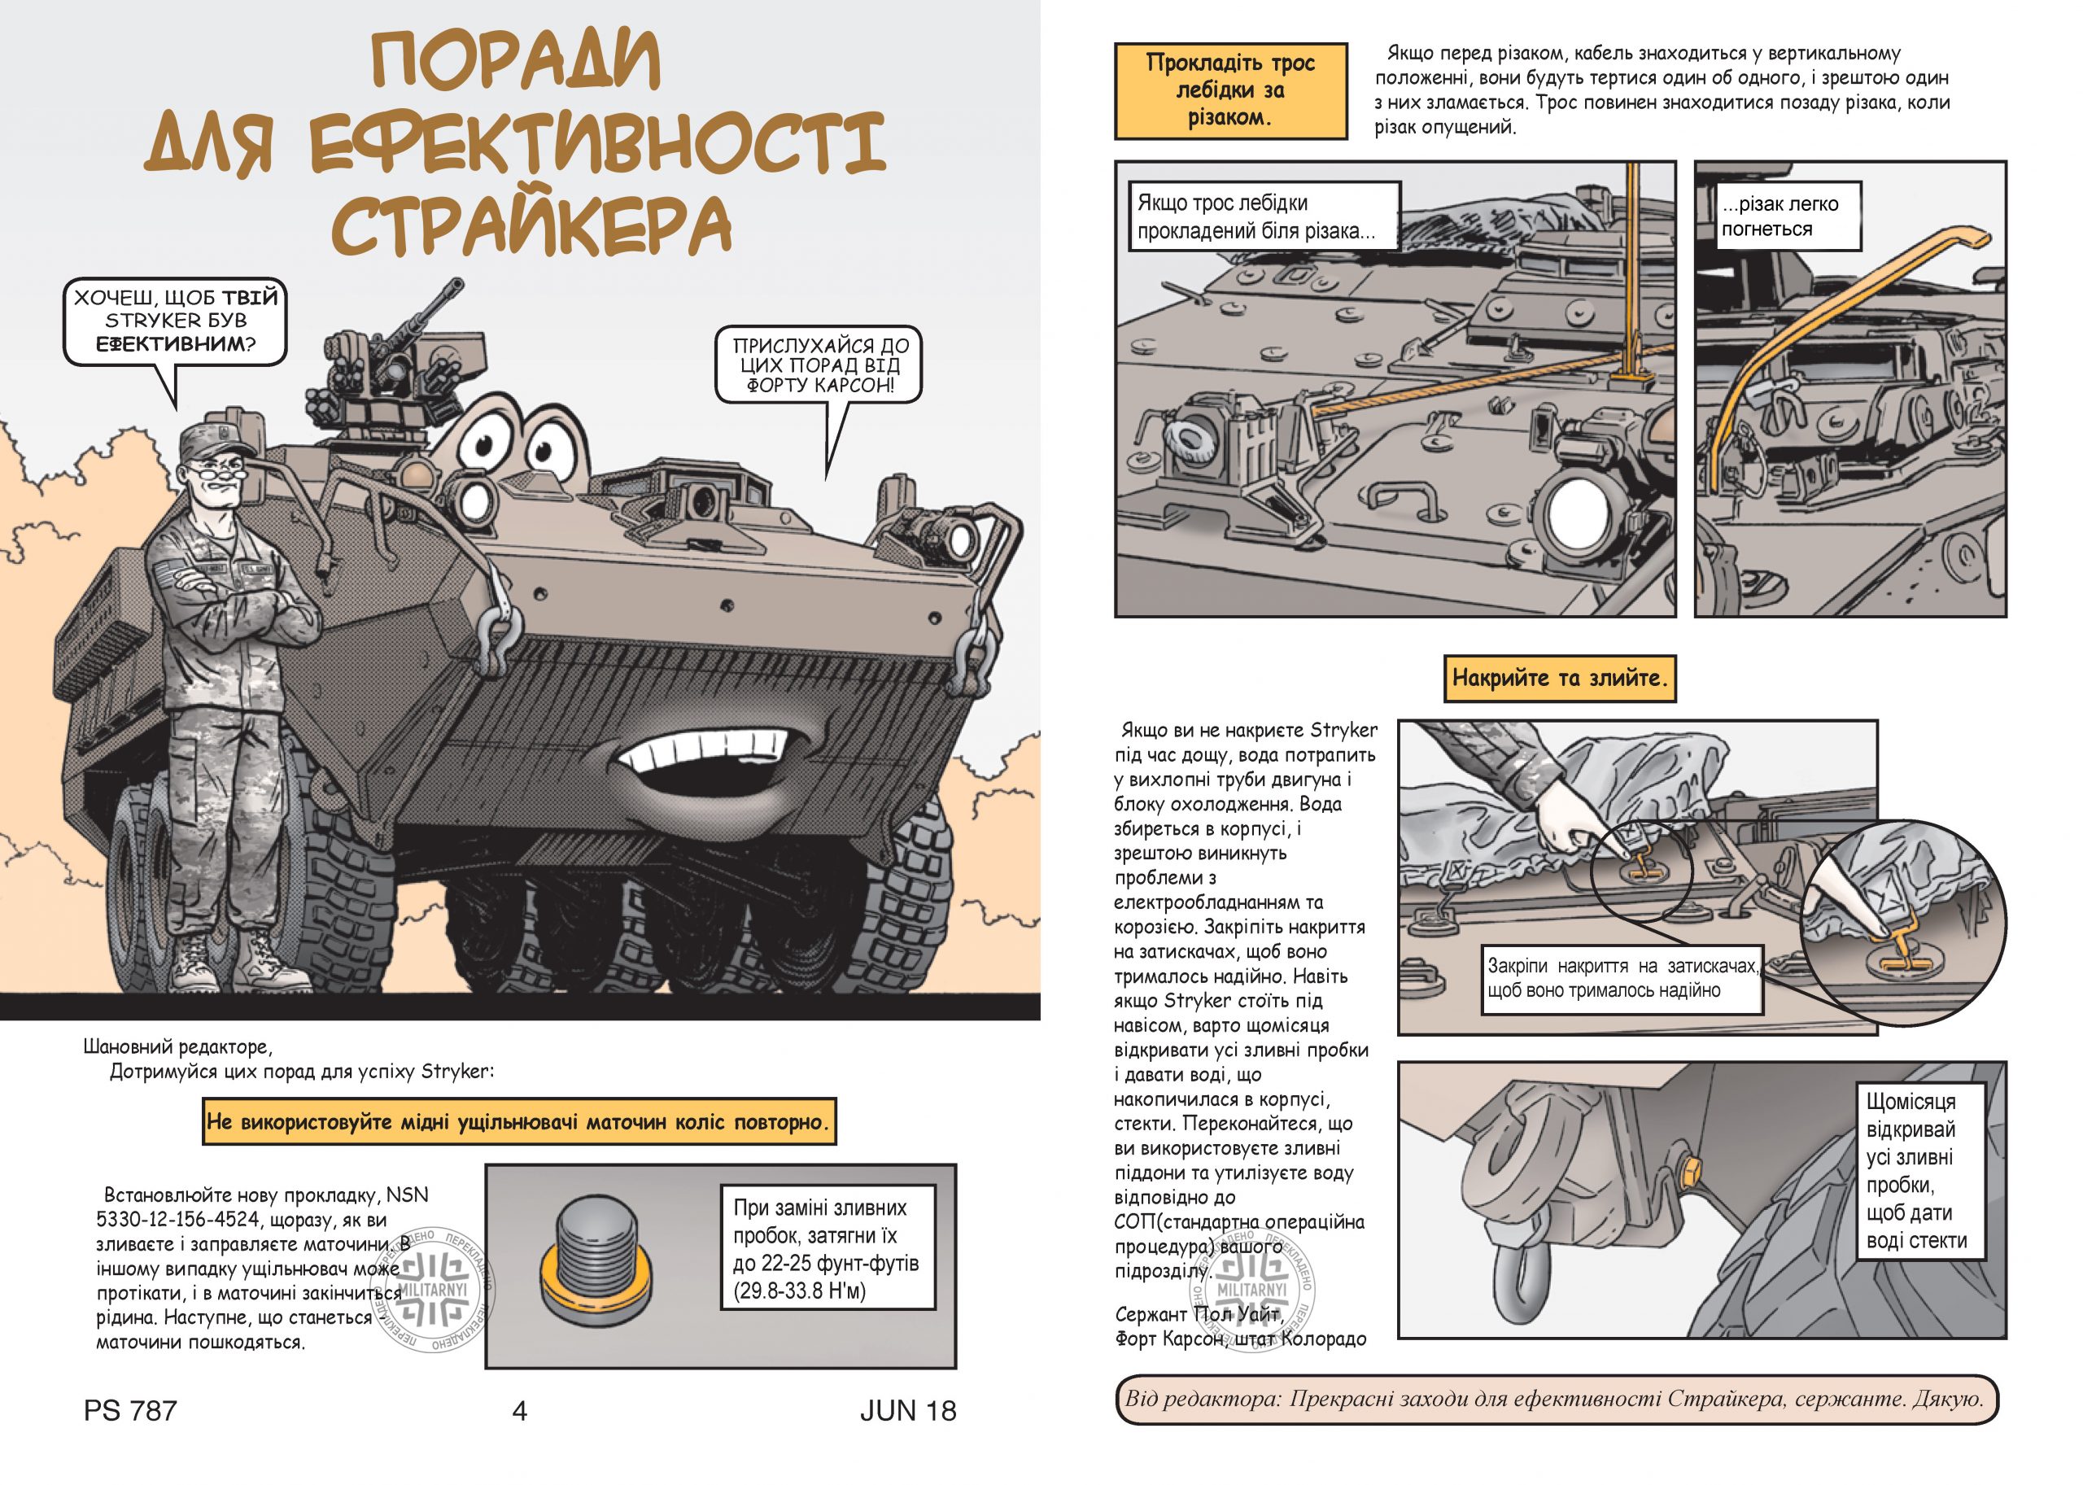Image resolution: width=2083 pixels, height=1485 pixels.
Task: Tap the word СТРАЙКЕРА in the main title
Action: click(x=531, y=222)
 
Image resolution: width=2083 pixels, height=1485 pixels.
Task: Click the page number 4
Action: click(x=519, y=1411)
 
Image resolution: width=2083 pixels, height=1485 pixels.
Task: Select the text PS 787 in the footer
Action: click(x=130, y=1411)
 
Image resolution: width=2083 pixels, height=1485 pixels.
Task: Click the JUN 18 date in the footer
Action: click(x=907, y=1411)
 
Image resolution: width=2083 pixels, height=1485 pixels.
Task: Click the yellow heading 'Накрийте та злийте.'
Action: click(x=1559, y=678)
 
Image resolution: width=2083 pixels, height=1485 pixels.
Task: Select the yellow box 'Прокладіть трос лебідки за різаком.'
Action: click(x=1231, y=90)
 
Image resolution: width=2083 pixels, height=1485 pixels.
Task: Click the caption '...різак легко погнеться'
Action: click(x=1779, y=216)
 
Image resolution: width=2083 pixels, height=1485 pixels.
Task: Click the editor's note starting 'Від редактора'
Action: click(x=1556, y=1398)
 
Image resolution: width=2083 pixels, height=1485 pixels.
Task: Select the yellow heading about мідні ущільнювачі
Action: click(x=519, y=1121)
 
